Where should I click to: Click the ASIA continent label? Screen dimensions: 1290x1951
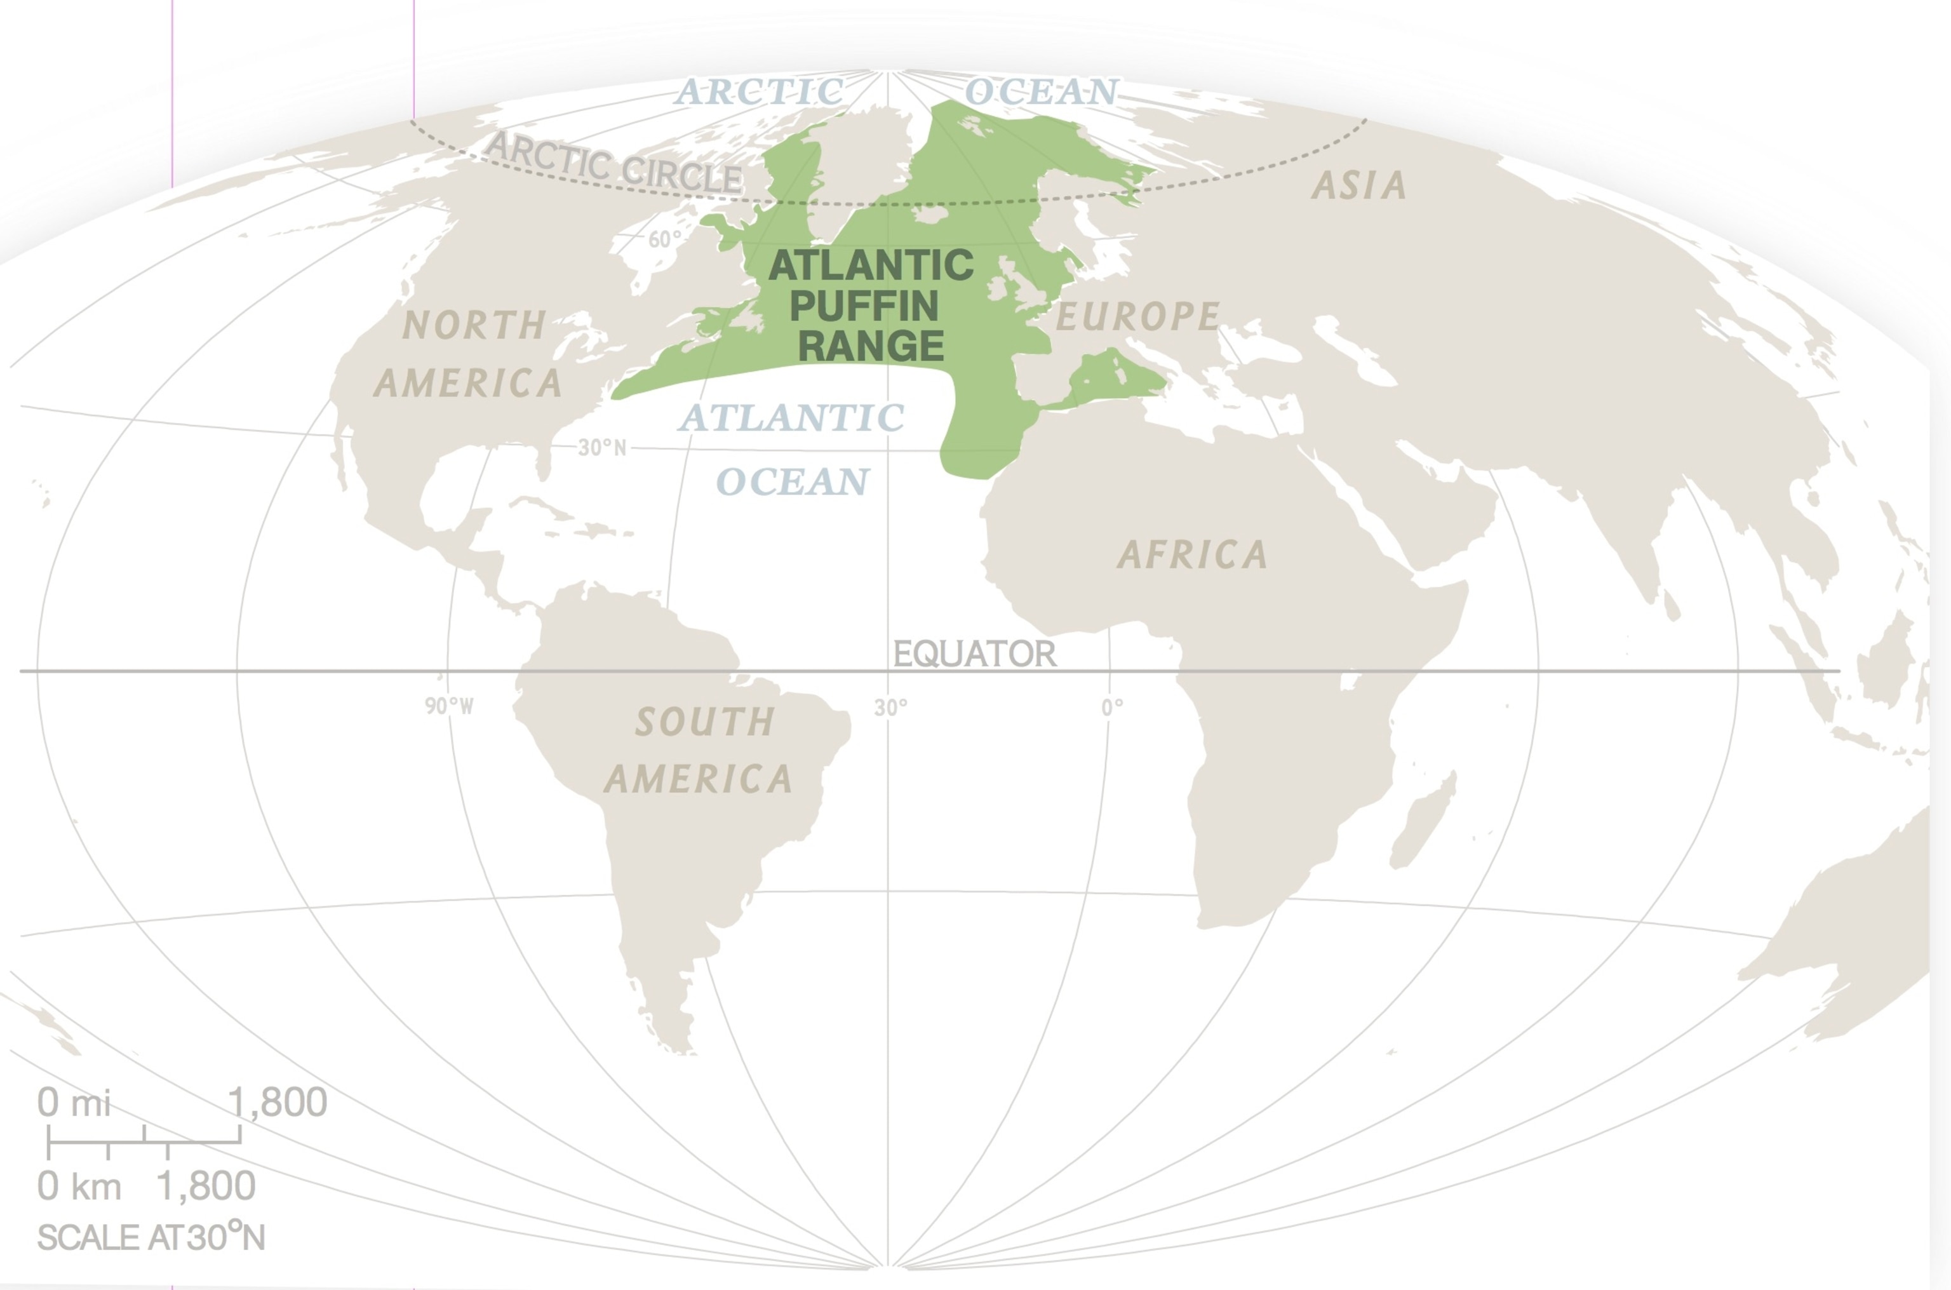pos(1359,186)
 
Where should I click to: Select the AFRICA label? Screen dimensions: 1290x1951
pos(1192,555)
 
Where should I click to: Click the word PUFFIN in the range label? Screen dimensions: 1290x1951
pos(864,306)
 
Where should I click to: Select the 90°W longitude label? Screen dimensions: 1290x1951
pos(449,706)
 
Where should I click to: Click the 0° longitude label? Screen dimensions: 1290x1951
pos(1111,708)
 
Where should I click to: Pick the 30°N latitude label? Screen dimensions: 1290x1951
pos(601,448)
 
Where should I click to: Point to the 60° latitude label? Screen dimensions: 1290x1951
pos(664,239)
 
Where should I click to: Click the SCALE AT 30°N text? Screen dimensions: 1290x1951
pos(151,1237)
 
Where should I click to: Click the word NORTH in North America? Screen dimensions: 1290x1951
pos(474,326)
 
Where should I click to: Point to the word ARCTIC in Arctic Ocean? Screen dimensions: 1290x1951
pos(758,92)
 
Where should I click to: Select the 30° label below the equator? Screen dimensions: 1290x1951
pos(891,708)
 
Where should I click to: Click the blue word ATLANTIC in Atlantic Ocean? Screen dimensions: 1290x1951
pos(791,418)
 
